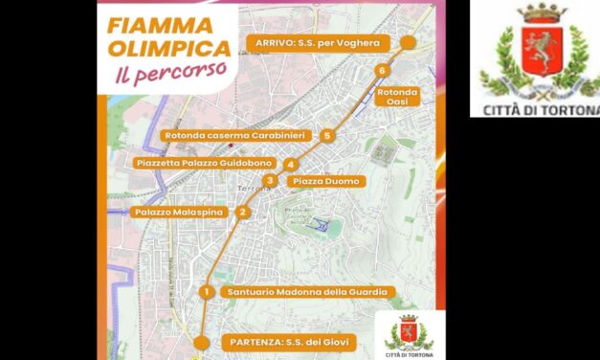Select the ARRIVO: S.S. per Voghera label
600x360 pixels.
[317, 42]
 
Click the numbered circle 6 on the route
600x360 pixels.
[382, 70]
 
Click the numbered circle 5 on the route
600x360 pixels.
[327, 136]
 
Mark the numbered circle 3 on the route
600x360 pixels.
[271, 180]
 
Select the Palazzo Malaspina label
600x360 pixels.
[178, 212]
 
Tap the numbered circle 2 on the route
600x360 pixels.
[243, 213]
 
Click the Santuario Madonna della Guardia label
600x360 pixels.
[305, 291]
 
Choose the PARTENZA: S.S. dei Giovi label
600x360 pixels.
[287, 341]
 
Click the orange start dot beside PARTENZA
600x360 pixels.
[200, 342]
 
